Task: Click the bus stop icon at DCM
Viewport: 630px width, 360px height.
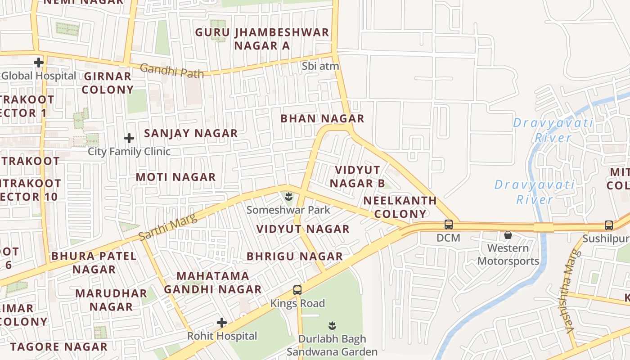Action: pyautogui.click(x=449, y=224)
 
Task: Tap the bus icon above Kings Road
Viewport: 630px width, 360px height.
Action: pyautogui.click(x=297, y=290)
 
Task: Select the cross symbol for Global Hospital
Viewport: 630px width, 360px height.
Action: pyautogui.click(x=39, y=62)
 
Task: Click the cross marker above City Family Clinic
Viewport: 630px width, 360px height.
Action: pyautogui.click(x=129, y=138)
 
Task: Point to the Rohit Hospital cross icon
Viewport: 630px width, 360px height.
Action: pyautogui.click(x=222, y=322)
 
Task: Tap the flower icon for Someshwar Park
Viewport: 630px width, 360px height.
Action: pyautogui.click(x=288, y=196)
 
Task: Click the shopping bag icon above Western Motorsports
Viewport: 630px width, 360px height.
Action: pyautogui.click(x=508, y=235)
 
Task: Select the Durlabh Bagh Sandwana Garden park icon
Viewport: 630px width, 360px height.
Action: pyautogui.click(x=332, y=325)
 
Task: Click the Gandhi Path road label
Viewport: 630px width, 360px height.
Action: pyautogui.click(x=171, y=71)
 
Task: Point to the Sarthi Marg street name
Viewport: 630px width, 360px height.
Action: pyautogui.click(x=168, y=227)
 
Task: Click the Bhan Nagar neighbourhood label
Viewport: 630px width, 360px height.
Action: pyautogui.click(x=322, y=119)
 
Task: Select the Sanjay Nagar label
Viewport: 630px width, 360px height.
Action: pyautogui.click(x=191, y=133)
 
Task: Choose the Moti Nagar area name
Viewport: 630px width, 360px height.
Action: pyautogui.click(x=176, y=177)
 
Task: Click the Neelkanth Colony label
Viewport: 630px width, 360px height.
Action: pyautogui.click(x=400, y=207)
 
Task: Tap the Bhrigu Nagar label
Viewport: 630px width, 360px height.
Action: pyautogui.click(x=295, y=256)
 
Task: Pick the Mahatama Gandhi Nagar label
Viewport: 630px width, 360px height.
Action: pyautogui.click(x=213, y=283)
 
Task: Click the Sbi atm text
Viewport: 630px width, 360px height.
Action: pyautogui.click(x=320, y=66)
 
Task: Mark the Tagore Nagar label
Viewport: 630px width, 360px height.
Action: pyautogui.click(x=59, y=347)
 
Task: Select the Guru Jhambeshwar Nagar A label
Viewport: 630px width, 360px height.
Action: pyautogui.click(x=262, y=39)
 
